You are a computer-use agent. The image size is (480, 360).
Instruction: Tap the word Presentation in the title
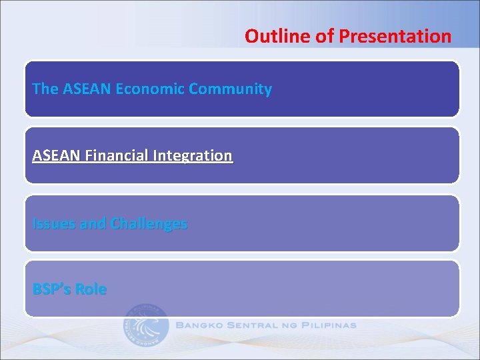point(395,36)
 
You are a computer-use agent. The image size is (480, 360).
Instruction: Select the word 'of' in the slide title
point(325,36)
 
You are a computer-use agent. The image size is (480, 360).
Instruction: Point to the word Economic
point(150,89)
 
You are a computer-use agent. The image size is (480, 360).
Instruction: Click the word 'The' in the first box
point(45,89)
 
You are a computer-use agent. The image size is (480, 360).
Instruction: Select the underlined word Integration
point(193,156)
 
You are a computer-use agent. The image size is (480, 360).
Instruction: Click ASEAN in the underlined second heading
point(57,156)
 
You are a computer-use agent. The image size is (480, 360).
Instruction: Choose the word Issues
point(53,224)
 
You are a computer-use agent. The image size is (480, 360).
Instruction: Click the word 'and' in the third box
point(93,224)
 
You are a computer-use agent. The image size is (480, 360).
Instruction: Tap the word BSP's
point(51,289)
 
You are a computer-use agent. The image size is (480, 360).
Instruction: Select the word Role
point(91,289)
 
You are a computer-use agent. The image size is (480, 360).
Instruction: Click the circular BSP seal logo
point(146,326)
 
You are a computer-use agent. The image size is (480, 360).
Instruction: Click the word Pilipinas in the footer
point(330,326)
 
